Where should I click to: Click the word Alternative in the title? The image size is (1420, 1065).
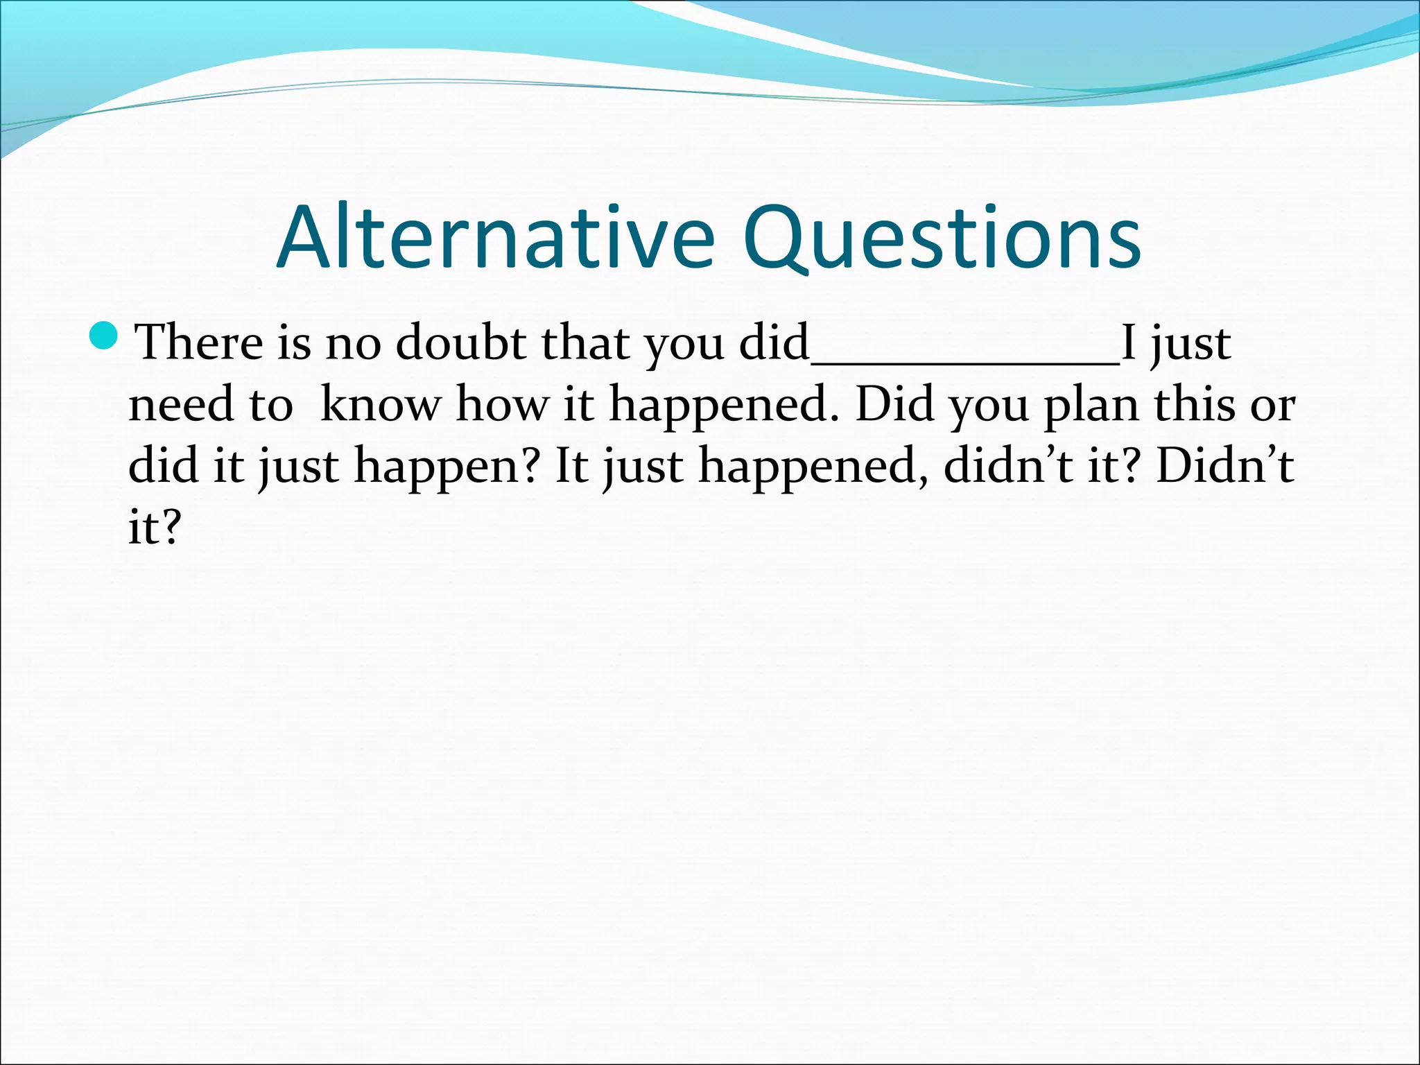click(x=495, y=238)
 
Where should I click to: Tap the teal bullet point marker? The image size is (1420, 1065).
click(x=105, y=336)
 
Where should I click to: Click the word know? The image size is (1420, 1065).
click(x=380, y=404)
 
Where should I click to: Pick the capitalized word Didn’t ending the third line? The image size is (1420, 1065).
click(x=1224, y=465)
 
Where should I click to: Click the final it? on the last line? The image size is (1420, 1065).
click(x=154, y=526)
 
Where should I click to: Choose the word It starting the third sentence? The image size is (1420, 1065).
click(x=571, y=465)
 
